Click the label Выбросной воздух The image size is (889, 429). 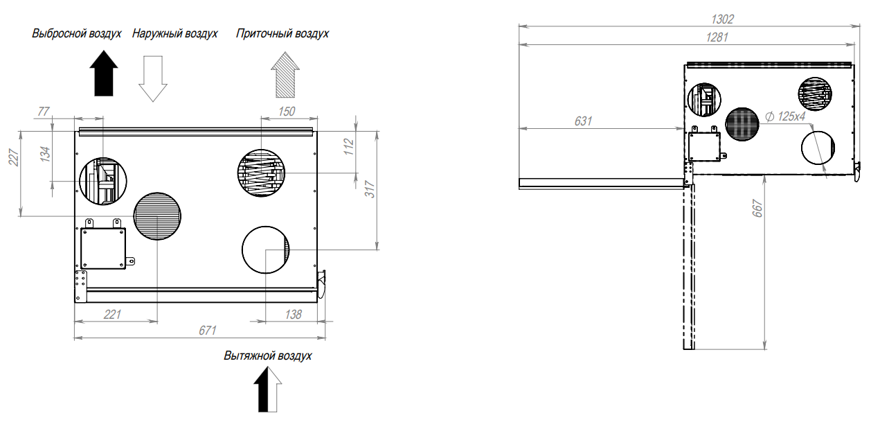point(77,33)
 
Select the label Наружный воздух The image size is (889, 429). point(174,33)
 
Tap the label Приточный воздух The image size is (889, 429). point(282,33)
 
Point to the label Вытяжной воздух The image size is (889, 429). point(267,356)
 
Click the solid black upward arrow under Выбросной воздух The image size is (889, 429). point(104,73)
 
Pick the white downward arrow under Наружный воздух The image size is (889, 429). point(153,78)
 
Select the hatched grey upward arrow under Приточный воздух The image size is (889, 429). point(285,75)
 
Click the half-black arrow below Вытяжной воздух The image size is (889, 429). point(267,389)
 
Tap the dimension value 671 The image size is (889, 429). point(208,331)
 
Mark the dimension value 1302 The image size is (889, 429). point(723,19)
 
